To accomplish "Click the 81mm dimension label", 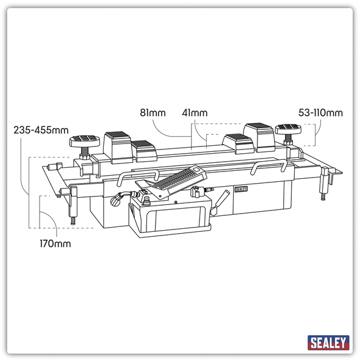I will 152,113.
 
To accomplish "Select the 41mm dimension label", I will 195,113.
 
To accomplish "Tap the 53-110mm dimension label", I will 320,113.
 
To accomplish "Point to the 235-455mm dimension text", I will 41,130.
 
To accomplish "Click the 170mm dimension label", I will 56,244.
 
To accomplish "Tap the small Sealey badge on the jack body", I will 241,189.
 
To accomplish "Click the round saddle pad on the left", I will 84,141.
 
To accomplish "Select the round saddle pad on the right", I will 288,129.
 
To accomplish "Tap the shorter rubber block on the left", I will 142,149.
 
